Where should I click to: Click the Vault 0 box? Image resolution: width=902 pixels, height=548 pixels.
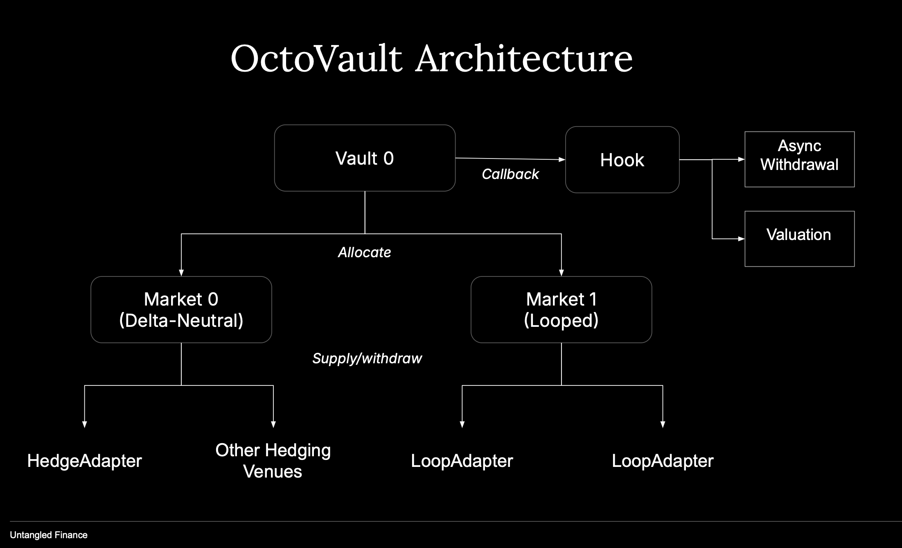(x=365, y=158)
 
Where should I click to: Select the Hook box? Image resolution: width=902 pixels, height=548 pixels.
(x=622, y=160)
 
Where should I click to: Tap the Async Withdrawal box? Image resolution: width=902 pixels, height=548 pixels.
(x=799, y=159)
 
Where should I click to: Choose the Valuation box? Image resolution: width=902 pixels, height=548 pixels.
(x=799, y=238)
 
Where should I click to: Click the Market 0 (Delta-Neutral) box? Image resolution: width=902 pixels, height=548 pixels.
(x=181, y=310)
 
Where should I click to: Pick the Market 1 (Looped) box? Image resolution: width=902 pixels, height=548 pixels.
(x=561, y=310)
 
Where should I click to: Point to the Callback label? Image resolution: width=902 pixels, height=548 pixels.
(x=510, y=174)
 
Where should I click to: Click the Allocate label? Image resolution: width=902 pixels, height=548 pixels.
(x=364, y=252)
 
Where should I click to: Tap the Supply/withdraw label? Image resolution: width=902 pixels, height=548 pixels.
(x=367, y=358)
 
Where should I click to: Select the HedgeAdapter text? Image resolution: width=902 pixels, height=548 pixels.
(x=84, y=461)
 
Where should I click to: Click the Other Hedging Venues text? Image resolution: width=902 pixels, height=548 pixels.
(x=273, y=461)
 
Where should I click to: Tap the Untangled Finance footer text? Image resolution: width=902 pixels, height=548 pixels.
(x=49, y=535)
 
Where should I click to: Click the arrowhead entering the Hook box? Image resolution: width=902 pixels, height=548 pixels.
(x=562, y=159)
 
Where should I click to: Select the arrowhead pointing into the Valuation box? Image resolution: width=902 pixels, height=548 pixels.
(x=741, y=238)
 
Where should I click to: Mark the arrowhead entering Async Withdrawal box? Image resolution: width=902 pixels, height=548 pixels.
(x=741, y=159)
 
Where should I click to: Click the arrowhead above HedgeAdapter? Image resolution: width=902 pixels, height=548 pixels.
(x=85, y=424)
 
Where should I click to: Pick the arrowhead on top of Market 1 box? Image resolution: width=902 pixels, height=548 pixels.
(x=561, y=273)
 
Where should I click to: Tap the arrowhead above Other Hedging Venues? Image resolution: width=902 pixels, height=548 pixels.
(x=273, y=424)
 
